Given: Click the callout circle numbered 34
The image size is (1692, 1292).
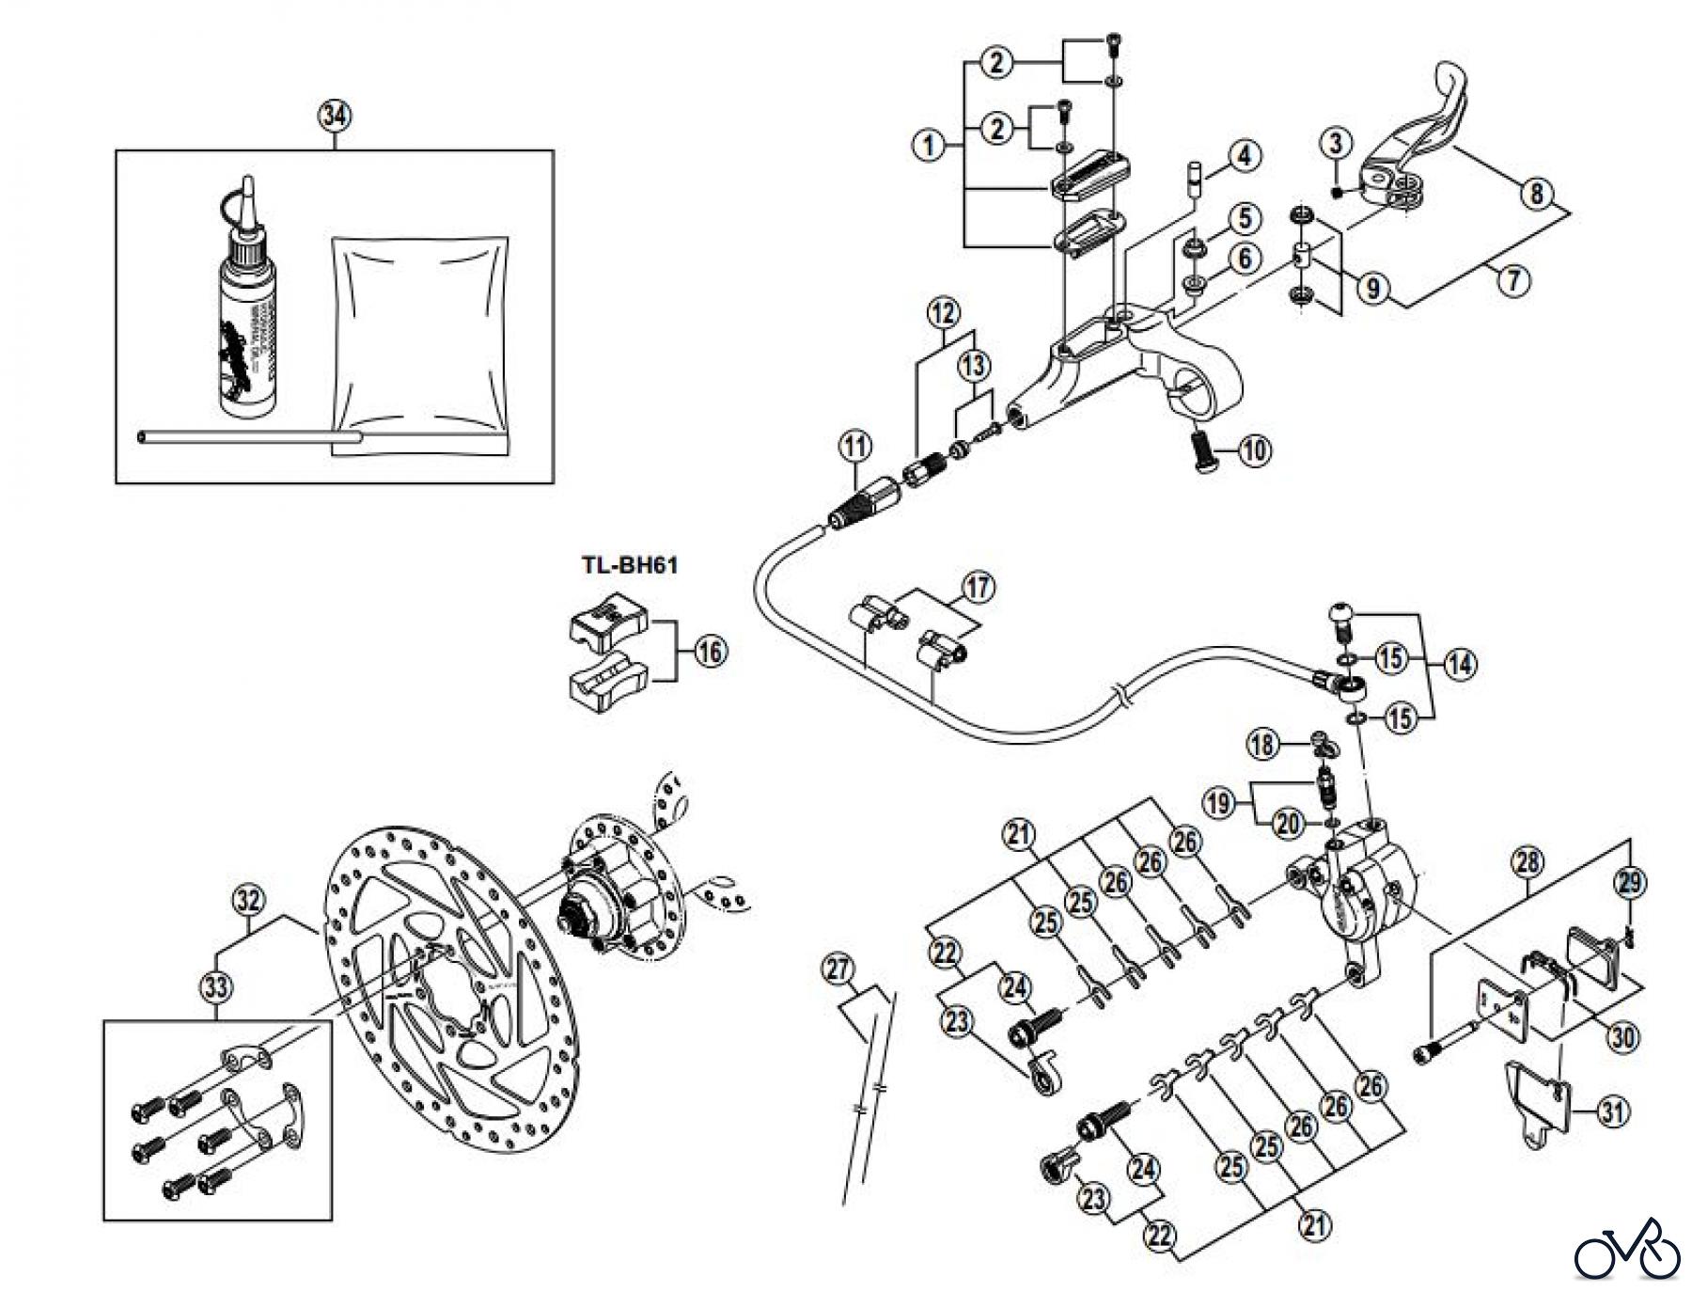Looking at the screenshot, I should (335, 117).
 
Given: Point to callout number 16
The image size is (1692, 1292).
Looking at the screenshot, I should (711, 651).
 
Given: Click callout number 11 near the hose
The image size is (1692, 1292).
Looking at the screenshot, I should (854, 447).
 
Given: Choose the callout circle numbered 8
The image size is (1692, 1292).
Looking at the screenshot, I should (1535, 195).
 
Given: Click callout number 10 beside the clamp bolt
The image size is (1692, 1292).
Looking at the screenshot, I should (1254, 451).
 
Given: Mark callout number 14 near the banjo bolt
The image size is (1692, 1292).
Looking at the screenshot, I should (1459, 665).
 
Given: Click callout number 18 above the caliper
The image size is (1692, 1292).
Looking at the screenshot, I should (1263, 746).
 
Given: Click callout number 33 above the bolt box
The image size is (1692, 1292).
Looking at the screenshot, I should (217, 987).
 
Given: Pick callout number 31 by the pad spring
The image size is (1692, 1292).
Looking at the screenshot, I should (1612, 1113).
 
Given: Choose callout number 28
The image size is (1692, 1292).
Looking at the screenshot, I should (1527, 862).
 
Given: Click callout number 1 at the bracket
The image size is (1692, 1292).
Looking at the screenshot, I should (929, 146).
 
